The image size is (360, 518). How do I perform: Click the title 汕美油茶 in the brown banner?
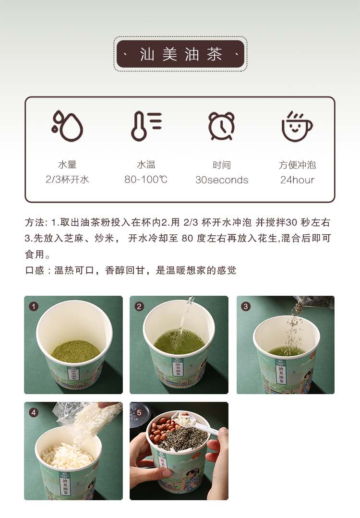[x=180, y=54]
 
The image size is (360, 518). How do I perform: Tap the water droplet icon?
[x=67, y=126]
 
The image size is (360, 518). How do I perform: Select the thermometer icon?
[x=145, y=126]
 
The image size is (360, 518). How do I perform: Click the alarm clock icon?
[x=221, y=126]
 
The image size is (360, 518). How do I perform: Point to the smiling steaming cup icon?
[x=297, y=126]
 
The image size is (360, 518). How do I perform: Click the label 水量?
[x=67, y=165]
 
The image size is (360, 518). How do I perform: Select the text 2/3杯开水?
[x=67, y=180]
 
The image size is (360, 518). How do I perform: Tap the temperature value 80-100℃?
[x=145, y=180]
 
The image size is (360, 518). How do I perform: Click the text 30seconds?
[x=222, y=180]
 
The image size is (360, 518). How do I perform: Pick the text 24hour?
[x=297, y=180]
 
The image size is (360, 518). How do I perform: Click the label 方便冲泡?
[x=297, y=165]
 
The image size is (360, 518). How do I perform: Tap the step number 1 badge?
[x=33, y=306]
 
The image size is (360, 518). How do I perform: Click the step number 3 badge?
[x=245, y=306]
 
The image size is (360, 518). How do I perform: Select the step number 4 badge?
[x=33, y=412]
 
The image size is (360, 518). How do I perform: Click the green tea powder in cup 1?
[x=75, y=350]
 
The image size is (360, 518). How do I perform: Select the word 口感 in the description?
[x=35, y=271]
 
